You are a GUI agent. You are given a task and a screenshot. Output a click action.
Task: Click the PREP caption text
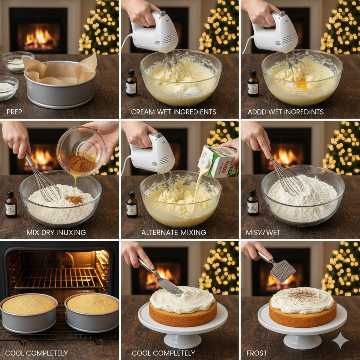click(x=14, y=112)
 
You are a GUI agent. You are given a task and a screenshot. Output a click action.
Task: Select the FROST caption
click(x=257, y=353)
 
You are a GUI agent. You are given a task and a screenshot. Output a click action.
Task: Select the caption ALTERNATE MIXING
click(x=174, y=232)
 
